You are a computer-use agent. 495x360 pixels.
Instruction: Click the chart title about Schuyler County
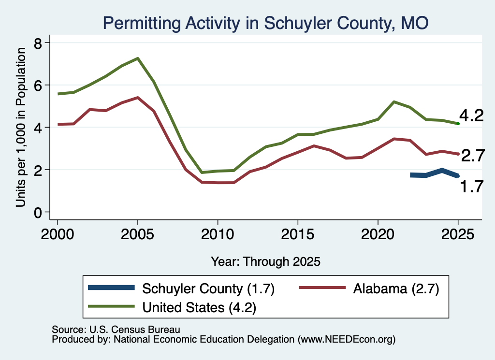265,23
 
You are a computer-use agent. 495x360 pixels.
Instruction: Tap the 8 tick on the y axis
38,43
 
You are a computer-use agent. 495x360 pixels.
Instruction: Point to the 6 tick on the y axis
38,85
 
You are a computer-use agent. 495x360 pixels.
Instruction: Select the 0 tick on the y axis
38,213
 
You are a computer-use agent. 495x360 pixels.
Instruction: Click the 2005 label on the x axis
137,234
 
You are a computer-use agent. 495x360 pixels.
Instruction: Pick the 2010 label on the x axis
218,234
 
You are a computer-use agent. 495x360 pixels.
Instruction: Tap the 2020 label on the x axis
378,234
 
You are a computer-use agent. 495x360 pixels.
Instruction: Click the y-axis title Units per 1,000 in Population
21,127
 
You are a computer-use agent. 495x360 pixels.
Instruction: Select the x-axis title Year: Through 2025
265,261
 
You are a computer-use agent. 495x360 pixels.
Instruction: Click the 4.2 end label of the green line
471,115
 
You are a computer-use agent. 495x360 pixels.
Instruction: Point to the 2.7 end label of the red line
473,156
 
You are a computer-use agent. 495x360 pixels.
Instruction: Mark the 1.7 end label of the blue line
472,187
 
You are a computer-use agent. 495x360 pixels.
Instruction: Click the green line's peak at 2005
138,58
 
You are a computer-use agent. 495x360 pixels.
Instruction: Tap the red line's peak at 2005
138,98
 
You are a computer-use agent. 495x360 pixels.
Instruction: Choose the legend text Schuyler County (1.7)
208,288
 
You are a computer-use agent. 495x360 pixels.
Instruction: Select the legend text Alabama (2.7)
396,288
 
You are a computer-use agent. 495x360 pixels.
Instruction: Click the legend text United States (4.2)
199,307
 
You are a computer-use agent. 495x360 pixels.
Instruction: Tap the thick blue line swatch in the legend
112,288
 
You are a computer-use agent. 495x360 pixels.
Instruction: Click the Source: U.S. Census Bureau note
116,330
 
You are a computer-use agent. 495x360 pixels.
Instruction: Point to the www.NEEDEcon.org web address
346,339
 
